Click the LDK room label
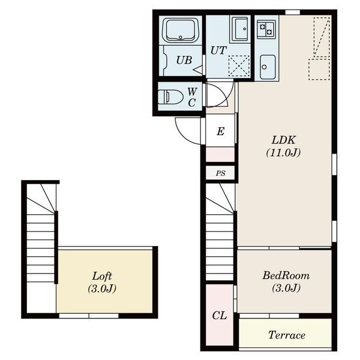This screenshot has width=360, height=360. point(284,140)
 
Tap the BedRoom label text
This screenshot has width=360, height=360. point(286,275)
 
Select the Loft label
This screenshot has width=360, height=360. point(102,276)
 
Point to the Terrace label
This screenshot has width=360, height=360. point(287,335)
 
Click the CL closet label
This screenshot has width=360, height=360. point(220,316)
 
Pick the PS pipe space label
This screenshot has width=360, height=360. point(220,173)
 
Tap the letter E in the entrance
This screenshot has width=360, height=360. point(220,131)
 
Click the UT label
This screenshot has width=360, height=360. point(218,50)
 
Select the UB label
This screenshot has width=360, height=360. point(184,60)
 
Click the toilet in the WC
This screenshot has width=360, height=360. point(170,97)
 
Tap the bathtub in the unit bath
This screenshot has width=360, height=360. point(181,30)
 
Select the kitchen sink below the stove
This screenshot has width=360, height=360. point(268,67)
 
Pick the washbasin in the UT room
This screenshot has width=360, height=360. point(240,29)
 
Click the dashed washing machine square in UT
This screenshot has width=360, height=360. point(239,65)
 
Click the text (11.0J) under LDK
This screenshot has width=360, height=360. point(283,152)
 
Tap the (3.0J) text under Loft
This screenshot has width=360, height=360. point(102,289)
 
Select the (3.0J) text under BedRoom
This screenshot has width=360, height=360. point(286,287)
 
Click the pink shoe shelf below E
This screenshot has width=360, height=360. point(220,155)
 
